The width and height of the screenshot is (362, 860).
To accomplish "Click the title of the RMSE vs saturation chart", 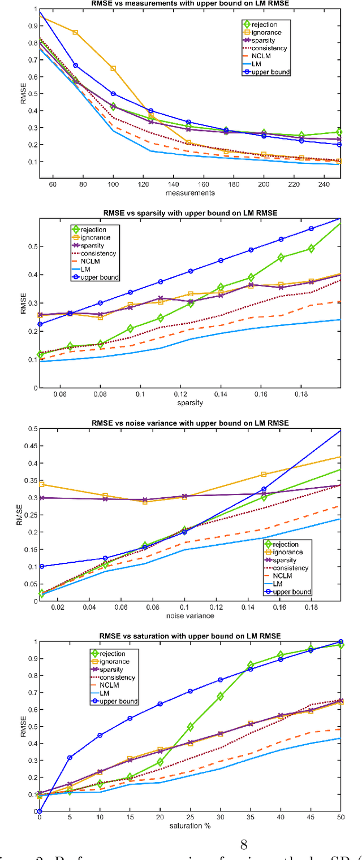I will point(196,636).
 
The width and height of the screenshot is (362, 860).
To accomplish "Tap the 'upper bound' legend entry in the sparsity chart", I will point(93,278).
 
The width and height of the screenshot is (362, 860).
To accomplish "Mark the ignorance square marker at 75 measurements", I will point(75,32).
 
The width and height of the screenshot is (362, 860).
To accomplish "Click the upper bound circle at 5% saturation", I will point(70,758).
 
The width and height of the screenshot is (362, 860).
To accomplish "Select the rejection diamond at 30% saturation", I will point(220,696).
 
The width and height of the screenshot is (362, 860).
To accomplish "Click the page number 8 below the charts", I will point(244,845).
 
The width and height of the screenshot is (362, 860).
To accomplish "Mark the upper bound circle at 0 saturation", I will point(39,811).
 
